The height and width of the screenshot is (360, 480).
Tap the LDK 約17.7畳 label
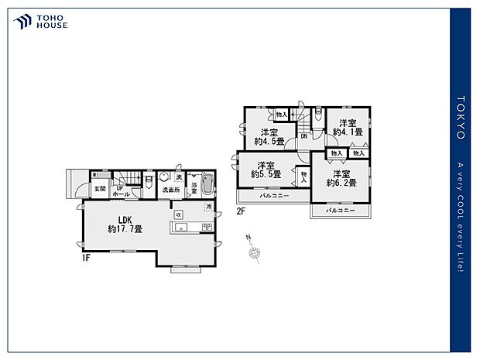125,225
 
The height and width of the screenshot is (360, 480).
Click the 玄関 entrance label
100,188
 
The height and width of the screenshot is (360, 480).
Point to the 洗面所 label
170,190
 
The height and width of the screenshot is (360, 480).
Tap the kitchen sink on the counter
182,227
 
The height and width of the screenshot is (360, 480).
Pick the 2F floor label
241,211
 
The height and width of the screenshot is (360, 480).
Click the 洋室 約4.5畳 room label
269,136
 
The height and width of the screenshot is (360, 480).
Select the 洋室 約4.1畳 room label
346,127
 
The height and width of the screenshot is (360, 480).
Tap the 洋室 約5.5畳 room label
266,170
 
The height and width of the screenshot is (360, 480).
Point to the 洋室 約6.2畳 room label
341,179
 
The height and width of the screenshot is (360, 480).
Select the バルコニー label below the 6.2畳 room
340,210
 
